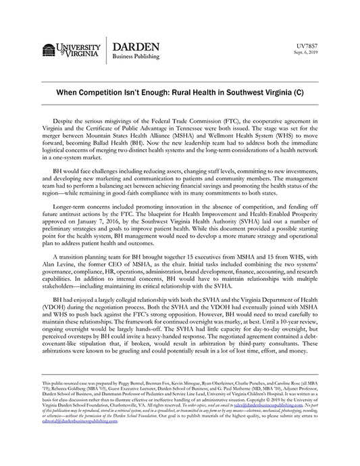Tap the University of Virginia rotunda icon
pyautogui.click(x=48, y=49)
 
